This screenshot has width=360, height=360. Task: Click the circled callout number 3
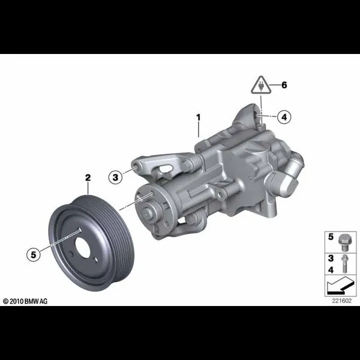tap(115, 177)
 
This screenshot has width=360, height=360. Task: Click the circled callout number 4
tap(284, 117)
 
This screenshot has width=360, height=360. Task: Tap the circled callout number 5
tap(34, 254)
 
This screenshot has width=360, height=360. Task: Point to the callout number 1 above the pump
tap(199, 118)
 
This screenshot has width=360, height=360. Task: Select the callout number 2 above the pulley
tap(88, 178)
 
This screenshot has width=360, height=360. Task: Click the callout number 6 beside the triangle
tap(284, 85)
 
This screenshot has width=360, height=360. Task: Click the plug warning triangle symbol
tap(261, 85)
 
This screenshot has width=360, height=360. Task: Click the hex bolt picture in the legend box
tap(344, 242)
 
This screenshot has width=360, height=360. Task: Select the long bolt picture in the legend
tap(344, 264)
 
